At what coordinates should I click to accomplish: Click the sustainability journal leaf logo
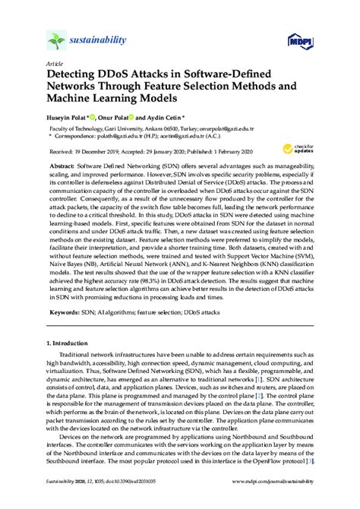(58, 40)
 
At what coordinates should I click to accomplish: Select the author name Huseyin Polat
(71, 116)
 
